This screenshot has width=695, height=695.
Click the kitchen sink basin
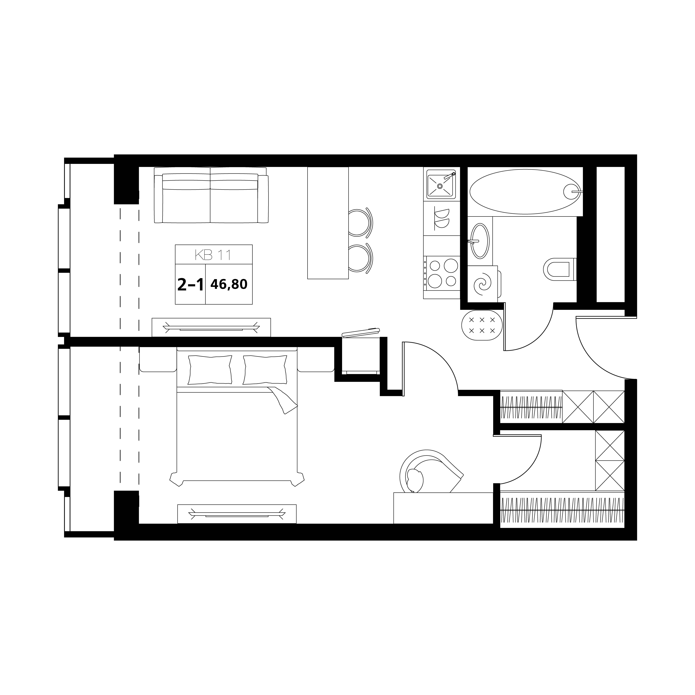441,185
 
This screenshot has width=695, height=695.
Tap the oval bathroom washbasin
480,241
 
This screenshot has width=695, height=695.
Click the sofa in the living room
211,195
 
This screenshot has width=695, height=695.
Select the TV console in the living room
211,327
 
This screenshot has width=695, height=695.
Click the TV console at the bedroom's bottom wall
237,514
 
